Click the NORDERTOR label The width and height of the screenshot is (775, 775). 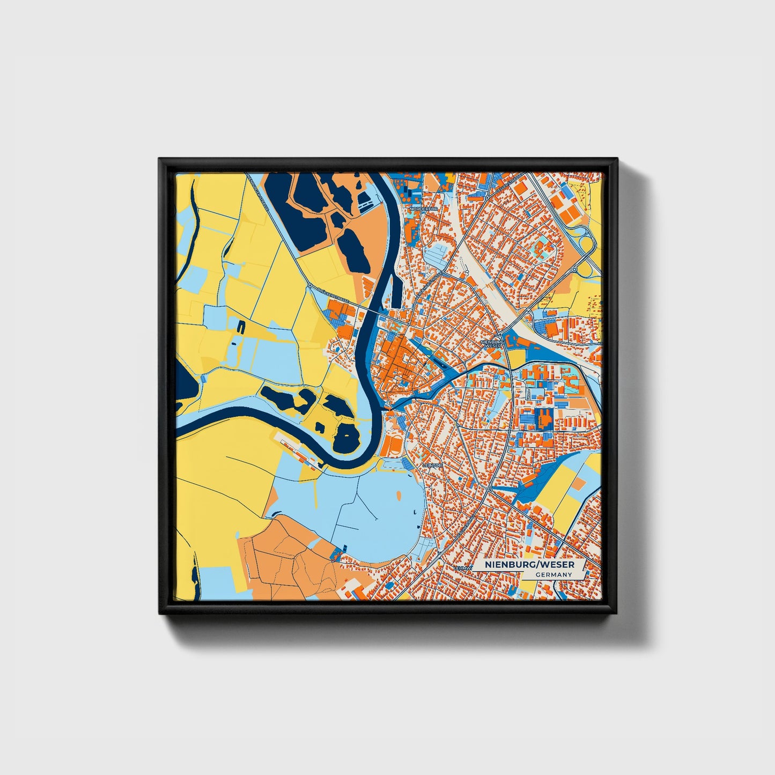424,208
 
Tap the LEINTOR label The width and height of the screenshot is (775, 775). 433,465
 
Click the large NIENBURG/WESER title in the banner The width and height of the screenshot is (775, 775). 529,565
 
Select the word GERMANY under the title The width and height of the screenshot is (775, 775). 553,575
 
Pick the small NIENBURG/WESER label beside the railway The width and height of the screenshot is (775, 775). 492,343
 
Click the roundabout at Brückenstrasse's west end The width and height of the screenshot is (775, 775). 309,286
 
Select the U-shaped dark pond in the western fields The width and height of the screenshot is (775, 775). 240,326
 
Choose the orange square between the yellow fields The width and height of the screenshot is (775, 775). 579,483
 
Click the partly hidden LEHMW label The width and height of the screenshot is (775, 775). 462,567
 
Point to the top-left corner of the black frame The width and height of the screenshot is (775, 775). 160,159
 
